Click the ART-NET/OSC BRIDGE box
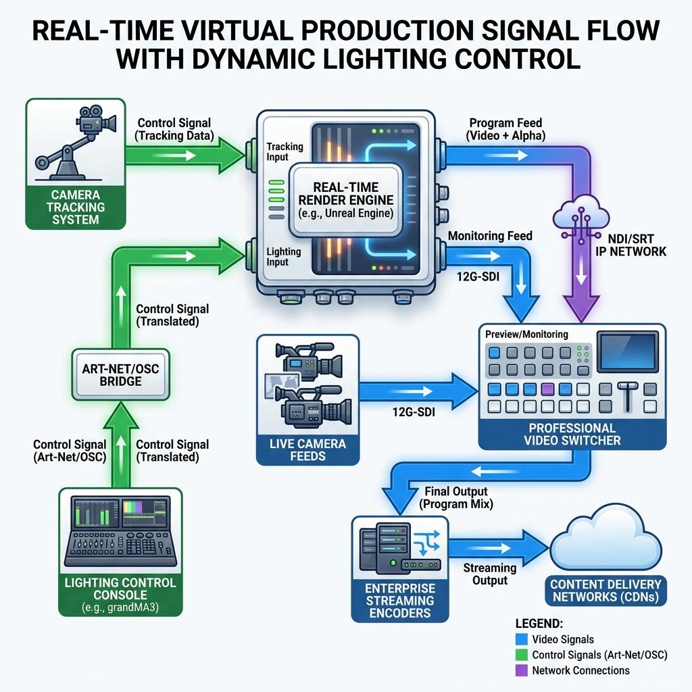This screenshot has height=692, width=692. pyautogui.click(x=120, y=374)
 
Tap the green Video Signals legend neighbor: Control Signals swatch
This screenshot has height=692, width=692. pyautogui.click(x=521, y=654)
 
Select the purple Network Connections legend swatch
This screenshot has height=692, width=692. pyautogui.click(x=521, y=670)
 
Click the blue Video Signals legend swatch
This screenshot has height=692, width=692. pyautogui.click(x=521, y=639)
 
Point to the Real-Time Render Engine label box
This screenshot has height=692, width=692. pyautogui.click(x=345, y=200)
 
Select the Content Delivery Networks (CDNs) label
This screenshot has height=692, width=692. pyautogui.click(x=605, y=591)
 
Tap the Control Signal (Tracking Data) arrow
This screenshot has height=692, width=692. pyautogui.click(x=185, y=155)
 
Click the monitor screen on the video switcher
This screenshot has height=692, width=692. pyautogui.click(x=627, y=352)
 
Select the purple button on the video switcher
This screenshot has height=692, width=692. pyautogui.click(x=547, y=389)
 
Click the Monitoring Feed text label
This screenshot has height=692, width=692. pyautogui.click(x=490, y=236)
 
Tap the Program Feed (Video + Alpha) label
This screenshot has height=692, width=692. pyautogui.click(x=505, y=129)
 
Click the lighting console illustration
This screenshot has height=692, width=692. pyautogui.click(x=120, y=532)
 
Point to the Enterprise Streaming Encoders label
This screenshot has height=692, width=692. pyautogui.click(x=400, y=600)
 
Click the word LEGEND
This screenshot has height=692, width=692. pyautogui.click(x=539, y=623)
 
